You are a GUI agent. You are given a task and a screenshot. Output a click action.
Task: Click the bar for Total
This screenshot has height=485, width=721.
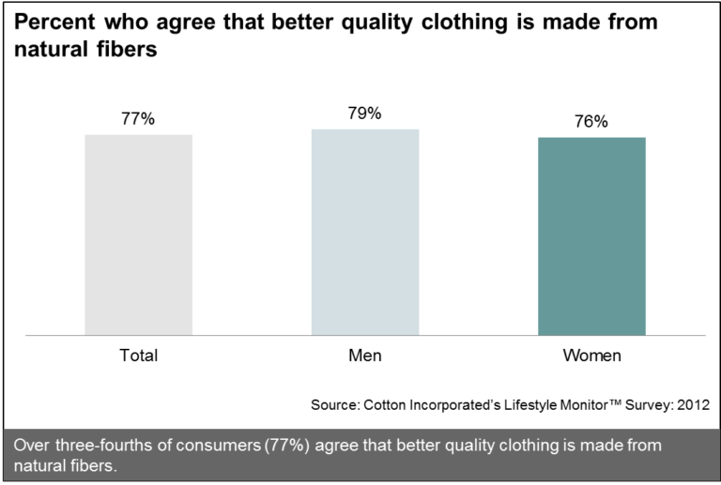coord(139,235)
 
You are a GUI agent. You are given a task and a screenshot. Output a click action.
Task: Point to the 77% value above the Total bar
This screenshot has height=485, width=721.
coord(137,119)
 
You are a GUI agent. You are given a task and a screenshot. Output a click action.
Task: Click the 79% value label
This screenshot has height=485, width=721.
coord(364,114)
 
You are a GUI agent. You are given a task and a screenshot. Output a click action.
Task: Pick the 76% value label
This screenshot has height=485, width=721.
coord(591,122)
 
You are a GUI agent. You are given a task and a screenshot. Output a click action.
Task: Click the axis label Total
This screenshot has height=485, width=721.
coord(138,356)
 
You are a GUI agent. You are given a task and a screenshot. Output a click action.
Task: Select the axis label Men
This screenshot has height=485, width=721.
coord(364,356)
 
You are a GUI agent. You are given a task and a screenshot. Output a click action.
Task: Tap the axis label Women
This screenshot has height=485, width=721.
coord(591,356)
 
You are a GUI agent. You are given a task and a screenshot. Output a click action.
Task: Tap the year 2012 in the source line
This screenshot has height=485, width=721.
coord(692,405)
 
